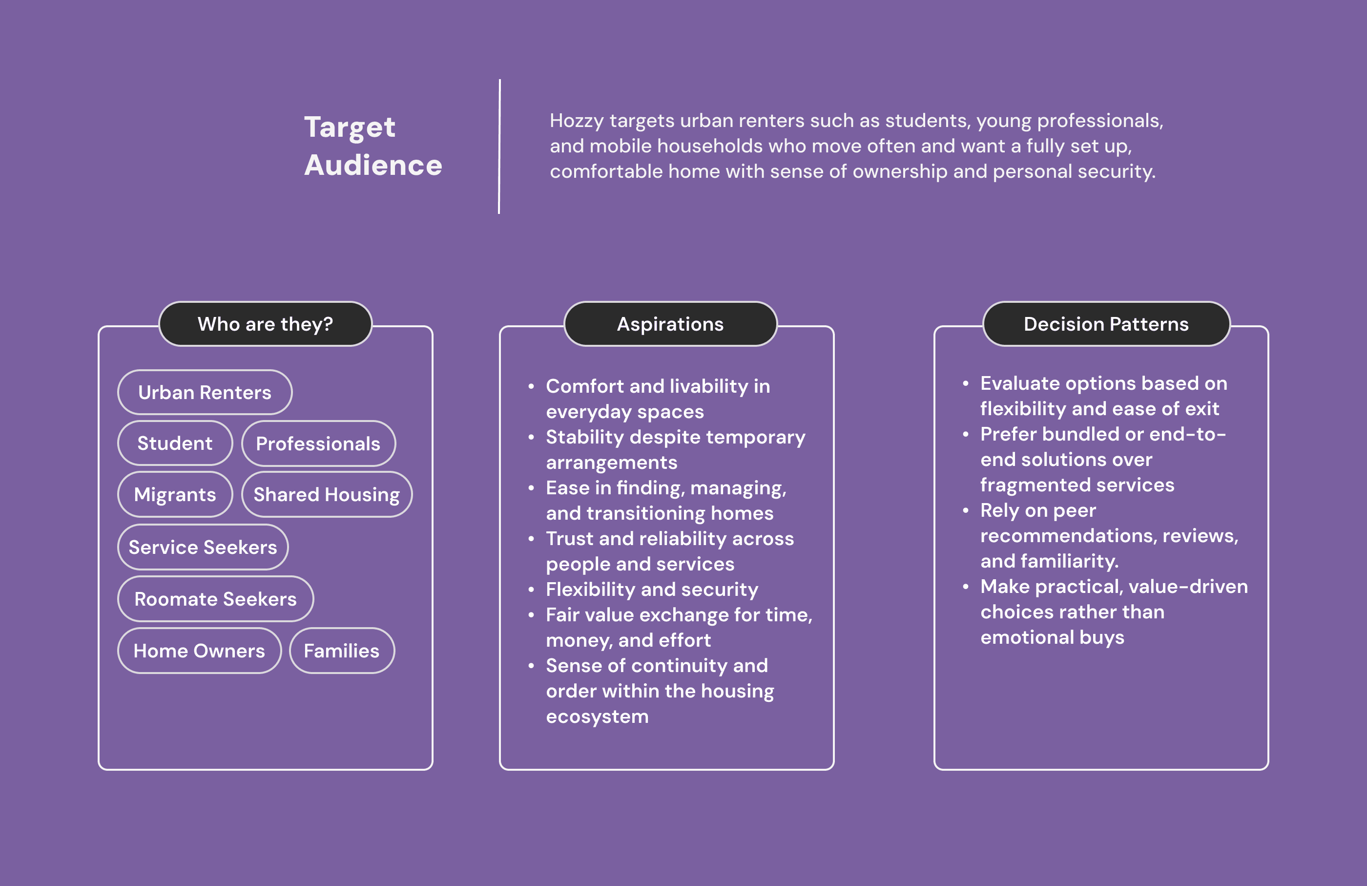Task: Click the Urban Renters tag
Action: (x=205, y=392)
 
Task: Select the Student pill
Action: (x=175, y=443)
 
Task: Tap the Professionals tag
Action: (x=318, y=443)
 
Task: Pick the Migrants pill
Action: (x=175, y=495)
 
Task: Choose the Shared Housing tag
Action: (x=326, y=495)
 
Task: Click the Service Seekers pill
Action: (x=203, y=547)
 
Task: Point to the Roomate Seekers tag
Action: (x=215, y=599)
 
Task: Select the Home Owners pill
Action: (x=199, y=651)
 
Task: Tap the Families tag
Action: (x=342, y=651)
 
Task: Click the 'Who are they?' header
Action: (x=266, y=324)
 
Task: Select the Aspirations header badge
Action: (x=670, y=324)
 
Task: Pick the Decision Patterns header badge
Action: (x=1106, y=324)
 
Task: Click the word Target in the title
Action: (x=350, y=127)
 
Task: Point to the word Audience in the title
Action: (x=373, y=166)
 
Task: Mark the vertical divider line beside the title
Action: (x=499, y=147)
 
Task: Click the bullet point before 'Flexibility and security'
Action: (x=531, y=589)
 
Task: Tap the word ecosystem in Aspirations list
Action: (x=598, y=717)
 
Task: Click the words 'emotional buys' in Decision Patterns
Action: (x=1052, y=637)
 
